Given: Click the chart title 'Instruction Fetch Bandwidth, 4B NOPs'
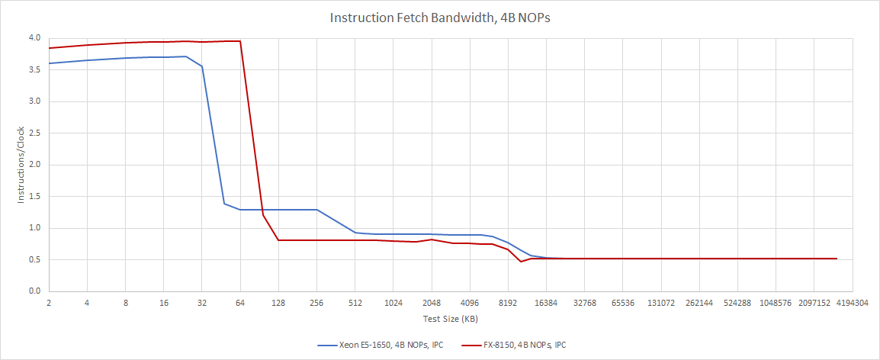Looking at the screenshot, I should pyautogui.click(x=439, y=18).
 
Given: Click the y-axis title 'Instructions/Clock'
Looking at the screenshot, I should pyautogui.click(x=21, y=164).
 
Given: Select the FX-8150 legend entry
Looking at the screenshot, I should pyautogui.click(x=518, y=345).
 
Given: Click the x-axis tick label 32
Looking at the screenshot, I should pyautogui.click(x=202, y=303).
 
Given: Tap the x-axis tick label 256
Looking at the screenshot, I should pyautogui.click(x=316, y=303).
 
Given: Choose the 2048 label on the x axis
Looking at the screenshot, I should pyautogui.click(x=432, y=303).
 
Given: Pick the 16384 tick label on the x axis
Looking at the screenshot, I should pyautogui.click(x=546, y=303).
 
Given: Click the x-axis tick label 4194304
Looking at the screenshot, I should pyautogui.click(x=853, y=303).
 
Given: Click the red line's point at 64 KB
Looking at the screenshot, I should pyautogui.click(x=240, y=41).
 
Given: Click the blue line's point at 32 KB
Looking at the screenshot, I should pyautogui.click(x=202, y=66).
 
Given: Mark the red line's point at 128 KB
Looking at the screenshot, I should pyautogui.click(x=278, y=240).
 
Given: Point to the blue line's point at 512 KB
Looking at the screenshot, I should pyautogui.click(x=355, y=233).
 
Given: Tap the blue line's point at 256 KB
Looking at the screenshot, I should pyautogui.click(x=316, y=210).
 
